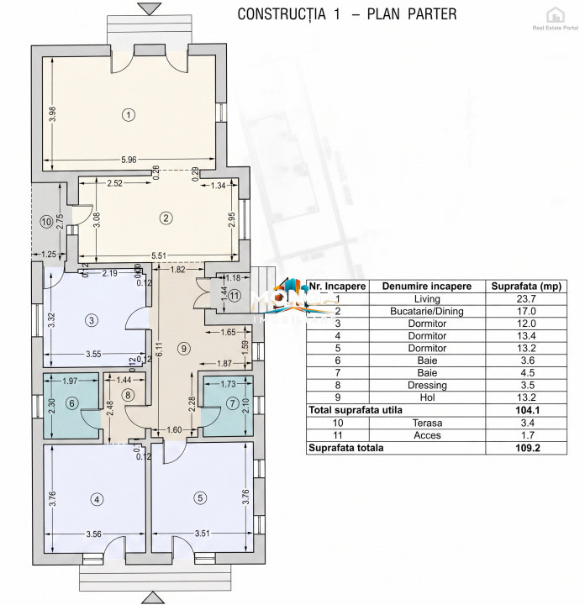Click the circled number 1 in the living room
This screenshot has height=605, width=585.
coord(128,115)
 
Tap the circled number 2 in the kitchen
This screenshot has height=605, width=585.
coord(166,218)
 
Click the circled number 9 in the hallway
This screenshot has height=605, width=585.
coord(185,348)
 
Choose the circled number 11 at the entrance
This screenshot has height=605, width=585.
coord(235,295)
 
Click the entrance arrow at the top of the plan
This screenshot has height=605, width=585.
coord(150,8)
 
